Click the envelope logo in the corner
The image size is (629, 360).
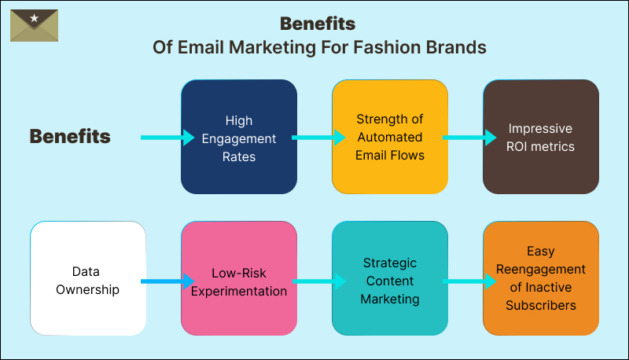34,25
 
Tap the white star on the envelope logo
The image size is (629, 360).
34,17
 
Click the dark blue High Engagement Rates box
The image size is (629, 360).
239,138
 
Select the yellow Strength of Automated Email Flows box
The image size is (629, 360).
390,138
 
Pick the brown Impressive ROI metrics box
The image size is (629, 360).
541,138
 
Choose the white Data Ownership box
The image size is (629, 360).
88,280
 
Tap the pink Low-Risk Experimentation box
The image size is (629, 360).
239,280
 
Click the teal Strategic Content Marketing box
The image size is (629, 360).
390,280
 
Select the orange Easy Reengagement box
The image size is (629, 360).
541,280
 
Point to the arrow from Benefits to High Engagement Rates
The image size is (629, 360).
167,138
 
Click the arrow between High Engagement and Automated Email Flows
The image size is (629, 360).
318,138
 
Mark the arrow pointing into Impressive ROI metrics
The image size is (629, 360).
469,138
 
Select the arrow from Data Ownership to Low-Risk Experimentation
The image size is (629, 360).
167,281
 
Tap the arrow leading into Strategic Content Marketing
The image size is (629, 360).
318,281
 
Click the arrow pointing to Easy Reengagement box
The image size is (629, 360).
469,281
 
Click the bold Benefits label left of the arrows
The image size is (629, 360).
70,137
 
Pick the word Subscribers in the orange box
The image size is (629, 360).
541,305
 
